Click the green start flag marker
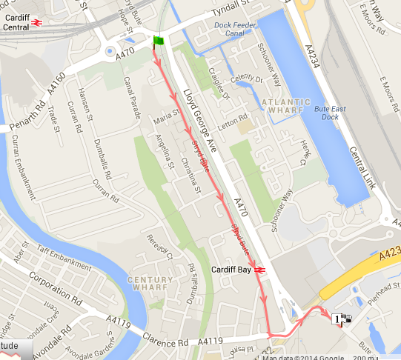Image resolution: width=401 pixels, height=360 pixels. pos(158,41)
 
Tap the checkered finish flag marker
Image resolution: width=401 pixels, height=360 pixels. pos(345,319)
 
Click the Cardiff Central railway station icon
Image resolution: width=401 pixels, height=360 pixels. pos(36,22)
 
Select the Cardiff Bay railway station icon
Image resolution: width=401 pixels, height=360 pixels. pos(259,270)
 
